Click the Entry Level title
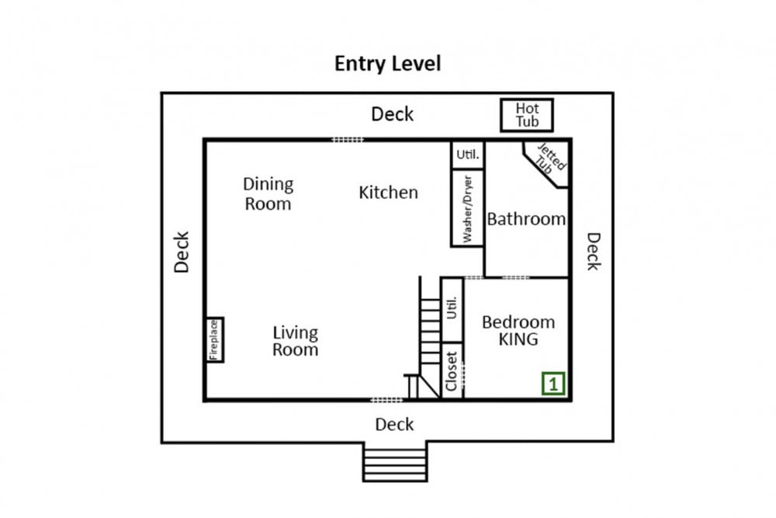pyautogui.click(x=387, y=64)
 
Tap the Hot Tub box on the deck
pyautogui.click(x=527, y=116)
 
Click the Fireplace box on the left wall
pyautogui.click(x=214, y=339)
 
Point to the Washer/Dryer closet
pyautogui.click(x=467, y=208)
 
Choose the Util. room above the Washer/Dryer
pyautogui.click(x=467, y=155)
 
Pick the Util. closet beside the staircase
pyautogui.click(x=452, y=310)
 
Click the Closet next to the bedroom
pyautogui.click(x=452, y=371)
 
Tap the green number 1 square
pyautogui.click(x=553, y=384)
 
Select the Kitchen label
pyautogui.click(x=389, y=192)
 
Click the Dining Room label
pyautogui.click(x=268, y=193)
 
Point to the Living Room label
pyautogui.click(x=296, y=341)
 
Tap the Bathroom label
pyautogui.click(x=526, y=219)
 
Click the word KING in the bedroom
pyautogui.click(x=518, y=339)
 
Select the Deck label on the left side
pyautogui.click(x=182, y=252)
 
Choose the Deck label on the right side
pyautogui.click(x=594, y=252)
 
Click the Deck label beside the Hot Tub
pyautogui.click(x=393, y=114)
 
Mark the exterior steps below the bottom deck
pyautogui.click(x=395, y=461)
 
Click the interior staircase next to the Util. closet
pyautogui.click(x=423, y=342)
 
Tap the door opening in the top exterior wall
pyautogui.click(x=348, y=140)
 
